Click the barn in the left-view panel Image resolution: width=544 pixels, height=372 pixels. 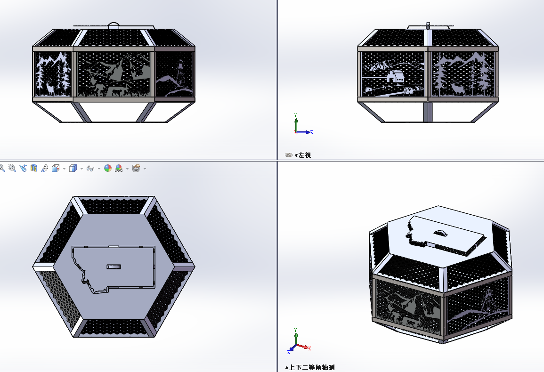tap(396, 76)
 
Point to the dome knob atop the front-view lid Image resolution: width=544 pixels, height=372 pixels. tap(114, 25)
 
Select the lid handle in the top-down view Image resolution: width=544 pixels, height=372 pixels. tap(114, 267)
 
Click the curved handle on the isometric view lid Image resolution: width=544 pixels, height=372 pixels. tap(441, 233)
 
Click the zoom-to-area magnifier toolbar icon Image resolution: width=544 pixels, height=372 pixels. tap(12, 168)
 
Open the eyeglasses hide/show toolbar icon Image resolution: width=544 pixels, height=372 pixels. tap(90, 169)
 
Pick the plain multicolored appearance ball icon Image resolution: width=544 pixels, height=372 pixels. tap(108, 168)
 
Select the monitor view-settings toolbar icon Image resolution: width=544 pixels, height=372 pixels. tap(136, 168)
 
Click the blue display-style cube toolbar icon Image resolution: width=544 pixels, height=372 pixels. tap(73, 168)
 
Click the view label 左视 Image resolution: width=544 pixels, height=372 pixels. tap(305, 155)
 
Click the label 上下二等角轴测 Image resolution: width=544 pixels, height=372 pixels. tap(312, 367)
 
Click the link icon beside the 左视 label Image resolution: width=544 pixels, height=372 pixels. tap(289, 155)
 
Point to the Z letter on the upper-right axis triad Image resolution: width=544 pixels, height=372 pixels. tap(311, 132)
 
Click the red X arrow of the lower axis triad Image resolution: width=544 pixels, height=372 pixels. tap(304, 347)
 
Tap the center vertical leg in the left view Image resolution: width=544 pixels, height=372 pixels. tap(428, 112)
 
